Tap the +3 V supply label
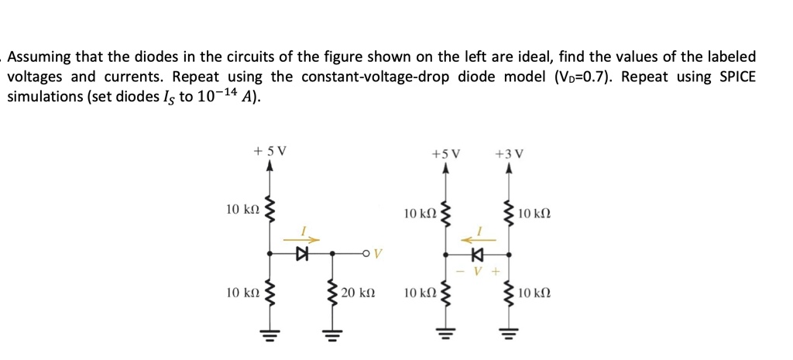coord(508,153)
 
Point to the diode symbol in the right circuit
coord(477,252)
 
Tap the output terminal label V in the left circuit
coord(379,252)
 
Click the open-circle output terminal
coord(364,252)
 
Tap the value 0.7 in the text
coord(594,77)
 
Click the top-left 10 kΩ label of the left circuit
coord(242,209)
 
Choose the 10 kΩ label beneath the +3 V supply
coord(534,213)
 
